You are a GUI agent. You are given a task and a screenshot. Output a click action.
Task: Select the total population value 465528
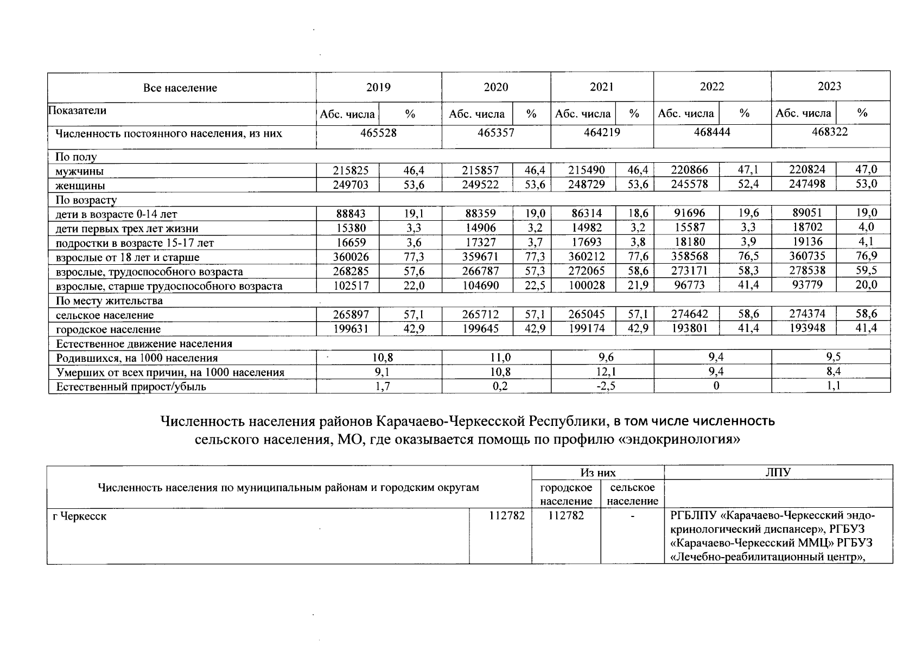point(378,133)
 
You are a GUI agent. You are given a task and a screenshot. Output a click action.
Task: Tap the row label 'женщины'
point(80,186)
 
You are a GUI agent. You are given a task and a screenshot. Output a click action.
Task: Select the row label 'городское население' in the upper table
point(108,329)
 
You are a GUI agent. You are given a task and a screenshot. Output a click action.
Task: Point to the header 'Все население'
point(180,88)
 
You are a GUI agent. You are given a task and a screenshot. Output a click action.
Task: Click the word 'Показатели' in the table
point(78,111)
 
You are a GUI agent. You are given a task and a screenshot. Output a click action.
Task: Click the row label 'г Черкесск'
point(80,516)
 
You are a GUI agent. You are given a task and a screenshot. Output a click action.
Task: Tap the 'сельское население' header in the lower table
point(632,494)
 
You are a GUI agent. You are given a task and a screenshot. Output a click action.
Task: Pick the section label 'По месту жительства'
point(109,301)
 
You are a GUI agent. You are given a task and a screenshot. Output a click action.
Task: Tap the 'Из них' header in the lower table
point(598,473)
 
